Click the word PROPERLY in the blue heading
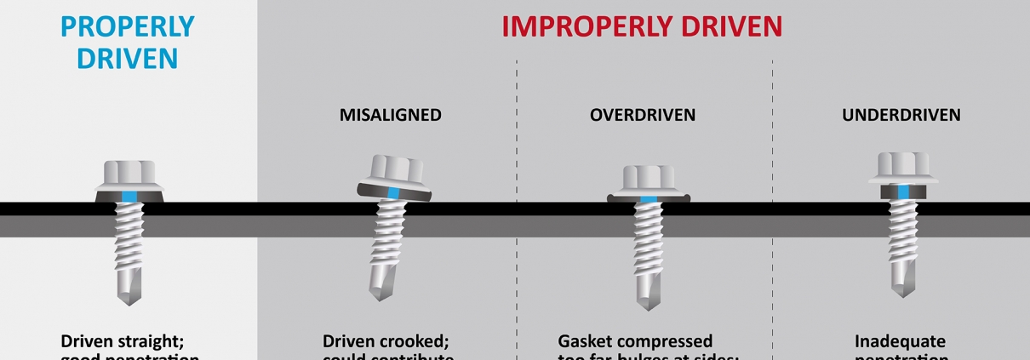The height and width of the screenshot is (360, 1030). [128, 26]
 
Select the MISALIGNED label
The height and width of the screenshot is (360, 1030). [392, 115]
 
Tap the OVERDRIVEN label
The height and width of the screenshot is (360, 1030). [643, 115]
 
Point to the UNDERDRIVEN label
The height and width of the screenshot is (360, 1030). [901, 115]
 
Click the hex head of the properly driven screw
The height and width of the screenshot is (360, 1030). [128, 174]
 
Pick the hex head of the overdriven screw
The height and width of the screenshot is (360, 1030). [649, 178]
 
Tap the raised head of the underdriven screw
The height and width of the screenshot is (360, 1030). [904, 165]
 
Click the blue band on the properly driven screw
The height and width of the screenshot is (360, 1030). [128, 197]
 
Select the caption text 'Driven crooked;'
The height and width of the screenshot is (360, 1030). [386, 341]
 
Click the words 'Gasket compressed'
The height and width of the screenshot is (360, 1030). [636, 341]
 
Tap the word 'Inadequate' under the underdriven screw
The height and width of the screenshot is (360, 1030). [901, 341]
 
